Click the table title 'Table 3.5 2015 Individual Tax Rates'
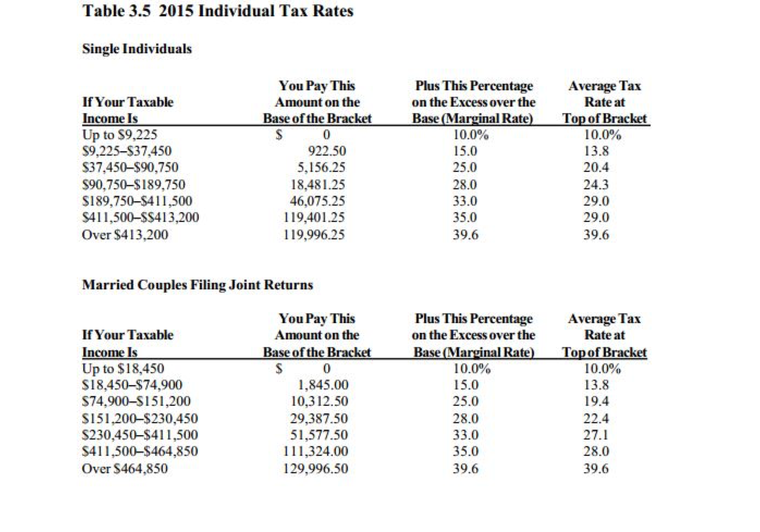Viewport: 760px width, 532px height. [x=218, y=11]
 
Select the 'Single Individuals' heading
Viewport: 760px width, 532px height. [x=137, y=49]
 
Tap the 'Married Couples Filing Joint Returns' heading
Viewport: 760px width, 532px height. [x=197, y=285]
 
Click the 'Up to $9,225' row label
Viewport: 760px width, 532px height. [x=119, y=134]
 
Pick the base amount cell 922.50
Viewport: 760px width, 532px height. [x=327, y=151]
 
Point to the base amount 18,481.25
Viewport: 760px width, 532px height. [x=318, y=184]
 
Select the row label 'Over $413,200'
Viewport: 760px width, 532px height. [x=125, y=234]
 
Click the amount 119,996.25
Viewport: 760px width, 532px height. [x=314, y=234]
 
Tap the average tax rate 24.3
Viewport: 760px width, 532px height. [x=596, y=184]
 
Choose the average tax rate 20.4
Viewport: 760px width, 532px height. [x=596, y=168]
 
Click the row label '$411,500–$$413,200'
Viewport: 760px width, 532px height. [x=140, y=218]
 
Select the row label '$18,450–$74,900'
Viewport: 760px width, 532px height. [x=132, y=385]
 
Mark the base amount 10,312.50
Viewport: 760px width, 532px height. [x=319, y=401]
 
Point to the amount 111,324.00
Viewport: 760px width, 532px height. [x=316, y=451]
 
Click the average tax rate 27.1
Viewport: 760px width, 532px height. [x=596, y=435]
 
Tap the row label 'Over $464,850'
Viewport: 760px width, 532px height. [x=125, y=468]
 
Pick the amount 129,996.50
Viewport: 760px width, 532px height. [x=316, y=468]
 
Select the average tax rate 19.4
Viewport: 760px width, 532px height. [x=596, y=401]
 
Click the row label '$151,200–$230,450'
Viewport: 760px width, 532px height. [x=139, y=418]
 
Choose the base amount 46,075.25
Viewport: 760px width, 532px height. [x=317, y=201]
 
